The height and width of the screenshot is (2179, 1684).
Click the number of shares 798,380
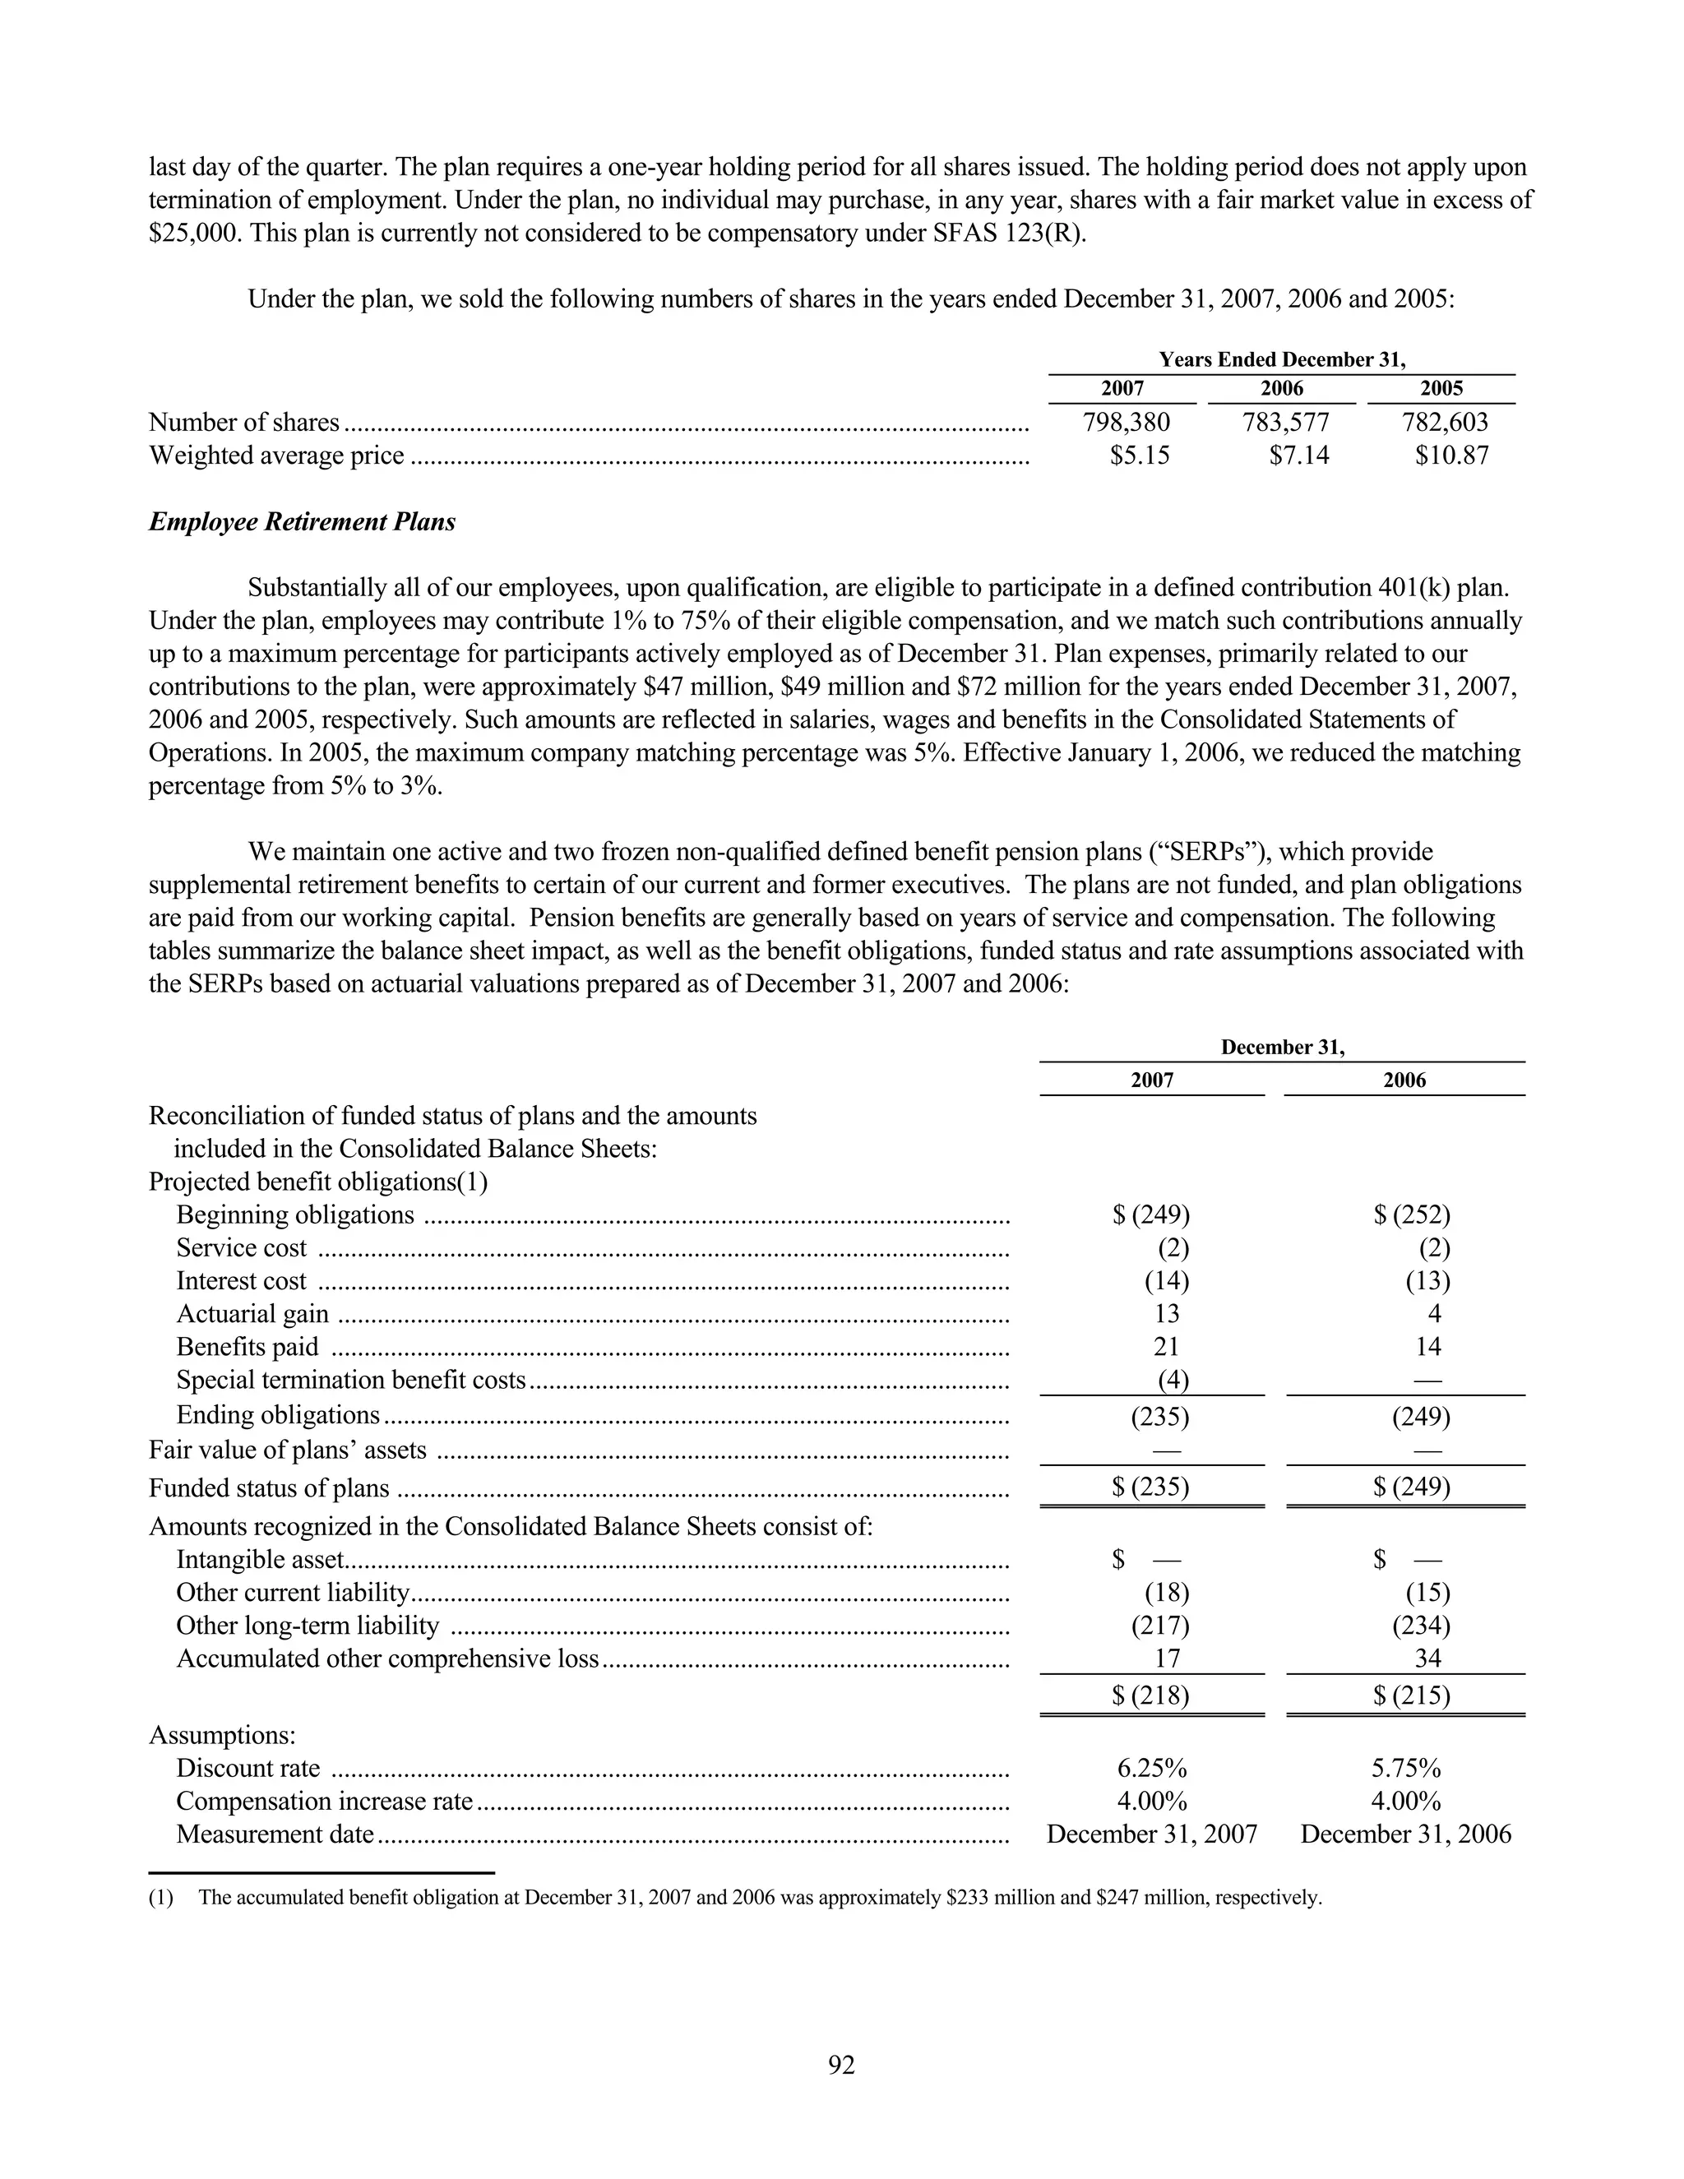1126,422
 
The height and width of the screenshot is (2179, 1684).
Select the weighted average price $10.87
1450,456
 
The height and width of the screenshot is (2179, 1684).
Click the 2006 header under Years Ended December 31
1281,389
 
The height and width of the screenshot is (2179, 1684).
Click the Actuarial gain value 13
1165,1314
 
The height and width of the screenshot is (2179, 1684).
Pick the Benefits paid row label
248,1347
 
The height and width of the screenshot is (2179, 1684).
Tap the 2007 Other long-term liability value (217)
1159,1626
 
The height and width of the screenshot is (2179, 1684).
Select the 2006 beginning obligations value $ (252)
1411,1214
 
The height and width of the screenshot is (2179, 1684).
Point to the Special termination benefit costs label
350,1380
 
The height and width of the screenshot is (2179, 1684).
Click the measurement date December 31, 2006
1405,1834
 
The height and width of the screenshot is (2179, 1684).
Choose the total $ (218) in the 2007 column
1150,1696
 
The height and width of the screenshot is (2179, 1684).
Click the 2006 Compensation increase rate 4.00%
1405,1801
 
